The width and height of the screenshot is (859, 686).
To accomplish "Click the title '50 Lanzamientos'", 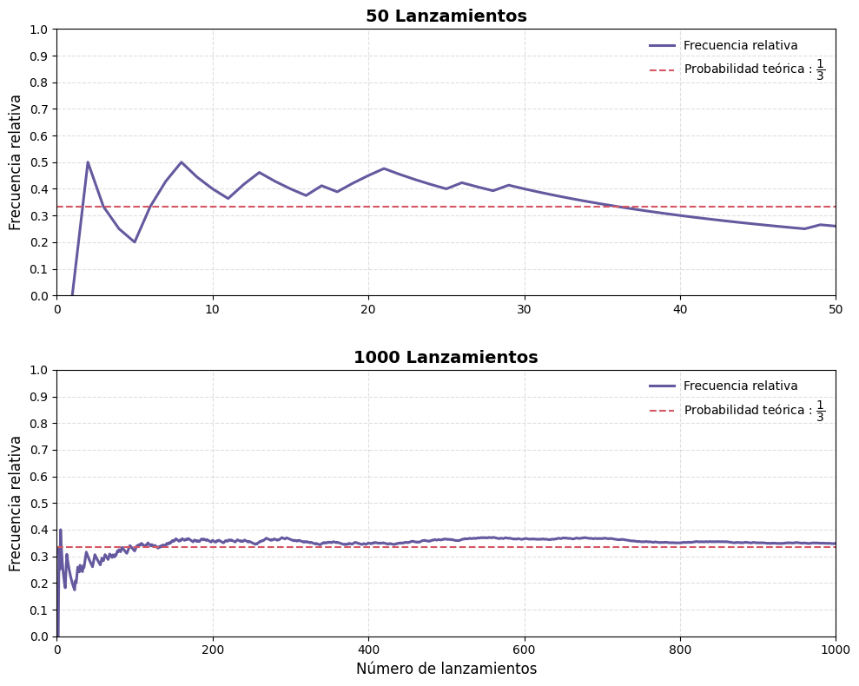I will click(446, 16).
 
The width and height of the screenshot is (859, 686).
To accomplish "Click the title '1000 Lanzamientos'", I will click(446, 358).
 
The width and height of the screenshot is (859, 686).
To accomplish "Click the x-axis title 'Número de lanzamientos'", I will click(446, 669).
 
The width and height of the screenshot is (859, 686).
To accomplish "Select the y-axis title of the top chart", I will click(16, 162).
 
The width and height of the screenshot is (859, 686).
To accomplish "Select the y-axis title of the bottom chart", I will click(16, 504).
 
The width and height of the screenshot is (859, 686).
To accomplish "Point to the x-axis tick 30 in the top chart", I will click(524, 309).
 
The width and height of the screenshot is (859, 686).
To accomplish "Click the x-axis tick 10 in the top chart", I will click(213, 309).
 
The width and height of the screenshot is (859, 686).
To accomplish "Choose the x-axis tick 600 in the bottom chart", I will click(524, 650).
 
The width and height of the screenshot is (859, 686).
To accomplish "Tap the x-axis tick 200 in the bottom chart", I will click(213, 650).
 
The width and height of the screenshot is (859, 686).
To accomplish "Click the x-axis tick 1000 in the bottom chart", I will click(835, 650).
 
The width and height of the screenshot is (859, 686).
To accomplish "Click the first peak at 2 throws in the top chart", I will click(88, 162).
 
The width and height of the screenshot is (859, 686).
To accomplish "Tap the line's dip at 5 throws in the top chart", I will click(135, 242).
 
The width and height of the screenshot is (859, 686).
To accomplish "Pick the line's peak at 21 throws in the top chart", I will click(384, 168).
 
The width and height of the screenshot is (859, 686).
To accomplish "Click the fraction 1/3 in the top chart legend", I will click(820, 69).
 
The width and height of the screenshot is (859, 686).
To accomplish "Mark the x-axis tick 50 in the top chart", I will click(835, 309).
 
